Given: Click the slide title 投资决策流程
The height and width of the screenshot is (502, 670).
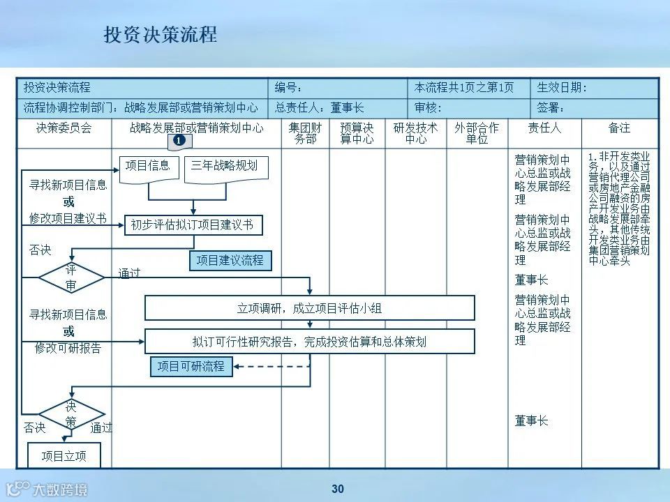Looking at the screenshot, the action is pos(161,35).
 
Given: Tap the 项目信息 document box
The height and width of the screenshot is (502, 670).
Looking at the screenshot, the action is pos(147,167).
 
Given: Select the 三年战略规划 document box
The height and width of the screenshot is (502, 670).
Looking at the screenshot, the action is pos(224,167).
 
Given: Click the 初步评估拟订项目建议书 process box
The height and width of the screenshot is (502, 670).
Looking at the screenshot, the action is pos(193,225).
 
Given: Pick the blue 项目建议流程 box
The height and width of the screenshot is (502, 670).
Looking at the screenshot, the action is pos(230,260).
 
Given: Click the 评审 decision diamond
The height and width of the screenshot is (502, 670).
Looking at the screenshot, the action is pos(71,277).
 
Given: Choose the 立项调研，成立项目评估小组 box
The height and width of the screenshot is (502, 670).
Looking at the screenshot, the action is pos(309,307).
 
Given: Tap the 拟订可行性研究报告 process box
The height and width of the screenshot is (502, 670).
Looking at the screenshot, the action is pos(309,342).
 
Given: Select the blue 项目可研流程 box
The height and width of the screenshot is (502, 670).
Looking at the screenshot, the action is pos(191,366).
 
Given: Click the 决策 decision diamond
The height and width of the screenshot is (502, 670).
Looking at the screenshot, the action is pos(71,414).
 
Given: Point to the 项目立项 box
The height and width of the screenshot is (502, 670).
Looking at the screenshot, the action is pos(64,456).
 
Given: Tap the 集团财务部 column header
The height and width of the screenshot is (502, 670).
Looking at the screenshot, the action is pos(306,133).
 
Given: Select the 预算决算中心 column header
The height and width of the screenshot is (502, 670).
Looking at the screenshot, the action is pos(357,133).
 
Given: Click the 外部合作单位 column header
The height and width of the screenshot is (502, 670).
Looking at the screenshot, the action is pos(477,133).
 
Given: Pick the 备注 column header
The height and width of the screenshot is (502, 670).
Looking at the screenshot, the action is pos(619,128).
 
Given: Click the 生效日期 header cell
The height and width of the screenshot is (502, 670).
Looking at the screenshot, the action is pos(595,88).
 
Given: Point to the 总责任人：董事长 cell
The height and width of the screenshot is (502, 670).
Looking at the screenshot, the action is pos(338,108).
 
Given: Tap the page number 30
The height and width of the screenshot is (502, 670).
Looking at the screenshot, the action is pos(338,489).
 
